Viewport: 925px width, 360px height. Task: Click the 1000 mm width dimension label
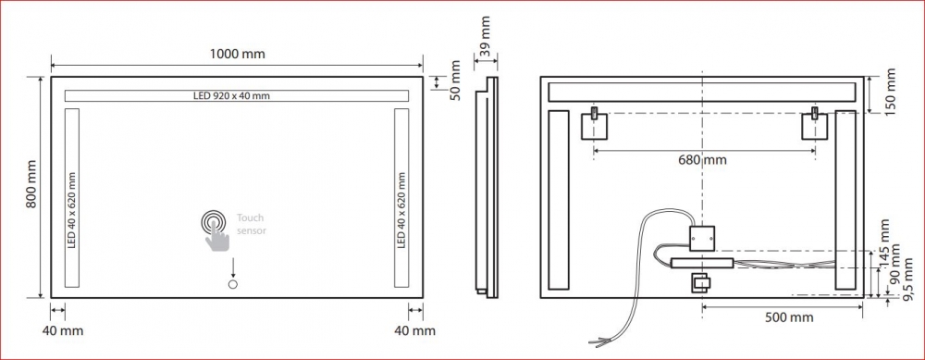[x=237, y=55]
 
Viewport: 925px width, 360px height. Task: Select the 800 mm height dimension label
[x=31, y=183]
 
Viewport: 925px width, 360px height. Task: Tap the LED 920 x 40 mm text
[x=231, y=95]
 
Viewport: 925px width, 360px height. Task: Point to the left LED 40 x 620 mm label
[x=72, y=210]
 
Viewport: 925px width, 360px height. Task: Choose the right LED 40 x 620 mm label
[x=401, y=210]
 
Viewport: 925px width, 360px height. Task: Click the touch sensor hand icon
[x=216, y=230]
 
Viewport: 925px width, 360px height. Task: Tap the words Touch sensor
[x=252, y=224]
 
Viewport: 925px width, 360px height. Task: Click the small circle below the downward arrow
[x=232, y=285]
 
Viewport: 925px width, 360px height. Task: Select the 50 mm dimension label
[x=455, y=81]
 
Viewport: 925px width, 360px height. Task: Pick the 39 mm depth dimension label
[x=485, y=37]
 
